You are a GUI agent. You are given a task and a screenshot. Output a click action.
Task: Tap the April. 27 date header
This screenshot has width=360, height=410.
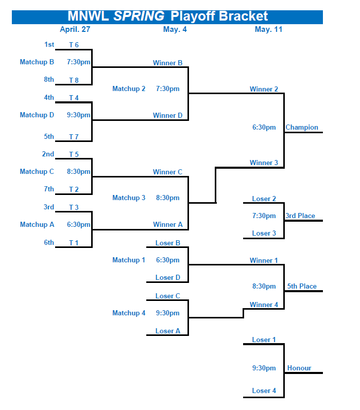pyautogui.click(x=75, y=29)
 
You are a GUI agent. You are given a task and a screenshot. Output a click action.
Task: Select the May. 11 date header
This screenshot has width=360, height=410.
pyautogui.click(x=268, y=29)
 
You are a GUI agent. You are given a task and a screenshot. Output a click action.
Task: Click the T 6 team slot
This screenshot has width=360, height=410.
pyautogui.click(x=74, y=45)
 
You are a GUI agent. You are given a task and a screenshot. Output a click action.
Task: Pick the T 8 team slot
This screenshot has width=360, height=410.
pyautogui.click(x=74, y=80)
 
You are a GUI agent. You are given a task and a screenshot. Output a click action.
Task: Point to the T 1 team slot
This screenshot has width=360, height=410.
pyautogui.click(x=74, y=243)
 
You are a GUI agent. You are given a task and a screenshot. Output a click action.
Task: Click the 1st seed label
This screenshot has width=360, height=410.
pyautogui.click(x=49, y=45)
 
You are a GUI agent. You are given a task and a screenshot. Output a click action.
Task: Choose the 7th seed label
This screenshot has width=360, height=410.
pyautogui.click(x=48, y=189)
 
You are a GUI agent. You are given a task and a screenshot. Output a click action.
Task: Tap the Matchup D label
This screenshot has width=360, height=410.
pyautogui.click(x=37, y=115)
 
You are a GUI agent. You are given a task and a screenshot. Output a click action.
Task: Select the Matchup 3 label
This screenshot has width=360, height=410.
pyautogui.click(x=129, y=198)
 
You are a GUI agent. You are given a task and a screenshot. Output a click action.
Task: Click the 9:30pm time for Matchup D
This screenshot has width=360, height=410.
pyautogui.click(x=79, y=115)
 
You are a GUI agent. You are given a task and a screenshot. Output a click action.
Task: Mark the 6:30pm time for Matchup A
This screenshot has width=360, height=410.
pyautogui.click(x=79, y=225)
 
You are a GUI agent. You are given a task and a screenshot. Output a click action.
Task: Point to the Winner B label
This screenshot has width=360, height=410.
pyautogui.click(x=167, y=63)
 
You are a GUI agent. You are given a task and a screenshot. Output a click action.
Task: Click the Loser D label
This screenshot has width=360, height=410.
pyautogui.click(x=168, y=278)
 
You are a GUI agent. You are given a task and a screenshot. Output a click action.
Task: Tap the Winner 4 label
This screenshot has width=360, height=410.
pyautogui.click(x=264, y=305)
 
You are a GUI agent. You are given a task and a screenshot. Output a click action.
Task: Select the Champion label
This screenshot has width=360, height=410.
pyautogui.click(x=302, y=128)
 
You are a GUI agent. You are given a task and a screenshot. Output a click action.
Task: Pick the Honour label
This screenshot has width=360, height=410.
pyautogui.click(x=299, y=368)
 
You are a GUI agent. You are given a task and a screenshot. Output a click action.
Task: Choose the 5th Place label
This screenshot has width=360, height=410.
pyautogui.click(x=302, y=287)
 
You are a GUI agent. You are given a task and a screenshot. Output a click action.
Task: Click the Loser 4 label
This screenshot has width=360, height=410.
pyautogui.click(x=264, y=391)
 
